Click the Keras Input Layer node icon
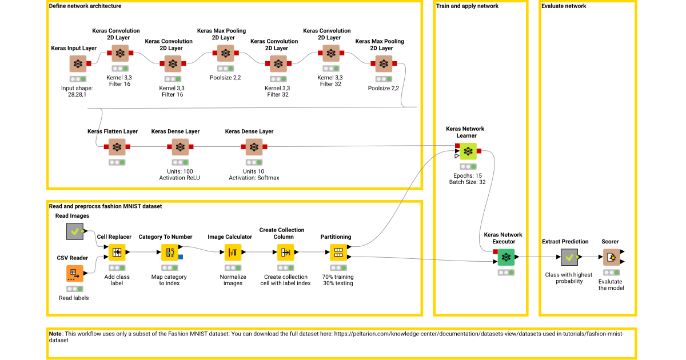coord(78,64)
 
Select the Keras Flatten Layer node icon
coord(117,147)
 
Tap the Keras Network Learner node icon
coord(468,151)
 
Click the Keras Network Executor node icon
coord(505,257)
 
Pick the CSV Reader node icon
coord(74,274)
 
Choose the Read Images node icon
coord(75,231)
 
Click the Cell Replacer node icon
coord(117,253)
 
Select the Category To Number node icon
coord(169,253)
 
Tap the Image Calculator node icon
coord(233,253)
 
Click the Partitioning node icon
coord(338,253)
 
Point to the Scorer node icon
coord(611,257)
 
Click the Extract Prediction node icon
coord(569,257)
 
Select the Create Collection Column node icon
coord(285,253)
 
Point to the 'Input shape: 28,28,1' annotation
coord(77,91)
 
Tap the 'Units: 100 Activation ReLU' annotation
coord(180,174)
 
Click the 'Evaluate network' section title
coord(563,6)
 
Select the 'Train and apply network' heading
coord(467,6)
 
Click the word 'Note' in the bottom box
coord(55,333)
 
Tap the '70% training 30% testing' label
coord(338,280)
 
